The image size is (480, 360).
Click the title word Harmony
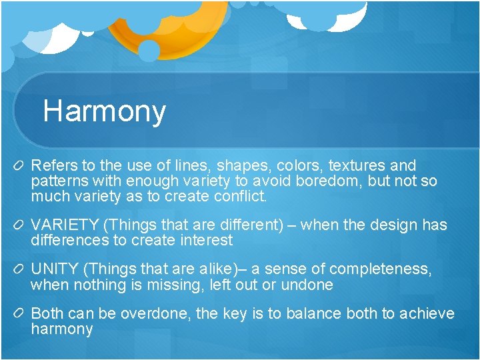point(104,111)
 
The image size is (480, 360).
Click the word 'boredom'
point(325,181)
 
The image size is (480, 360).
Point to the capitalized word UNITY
point(55,269)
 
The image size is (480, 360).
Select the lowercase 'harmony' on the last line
point(62,329)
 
